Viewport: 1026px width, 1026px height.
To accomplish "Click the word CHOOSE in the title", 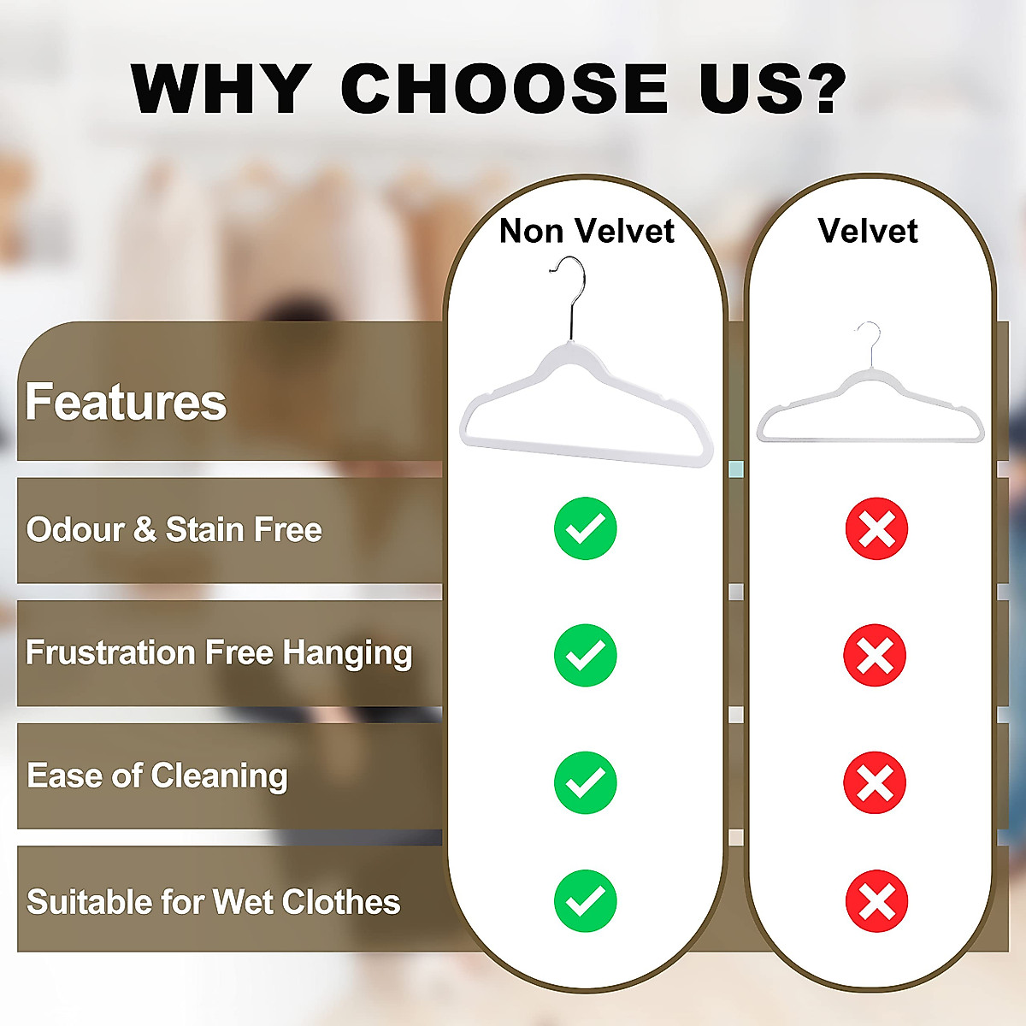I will point(504,88).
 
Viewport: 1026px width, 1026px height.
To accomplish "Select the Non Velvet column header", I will point(587,231).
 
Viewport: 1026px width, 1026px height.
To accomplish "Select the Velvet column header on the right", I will point(867,231).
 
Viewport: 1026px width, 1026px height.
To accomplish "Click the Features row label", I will point(126,402).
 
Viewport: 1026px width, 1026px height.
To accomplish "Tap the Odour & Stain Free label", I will point(174,530).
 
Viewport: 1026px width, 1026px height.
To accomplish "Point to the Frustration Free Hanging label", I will point(219,653).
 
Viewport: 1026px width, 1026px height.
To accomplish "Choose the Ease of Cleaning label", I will point(157,776).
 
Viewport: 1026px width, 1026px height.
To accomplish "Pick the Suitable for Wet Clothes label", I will point(214,902).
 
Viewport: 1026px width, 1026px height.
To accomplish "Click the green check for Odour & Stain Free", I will point(586,528).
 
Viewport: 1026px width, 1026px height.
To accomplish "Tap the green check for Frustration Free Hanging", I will point(586,655).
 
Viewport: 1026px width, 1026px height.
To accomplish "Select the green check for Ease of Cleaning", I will point(586,781).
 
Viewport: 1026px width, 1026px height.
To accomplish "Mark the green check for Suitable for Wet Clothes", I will point(586,900).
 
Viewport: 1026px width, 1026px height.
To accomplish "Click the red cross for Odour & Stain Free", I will point(876,528).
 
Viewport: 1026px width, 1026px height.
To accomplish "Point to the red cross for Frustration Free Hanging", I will point(875,655).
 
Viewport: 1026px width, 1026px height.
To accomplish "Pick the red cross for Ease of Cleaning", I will point(875,781).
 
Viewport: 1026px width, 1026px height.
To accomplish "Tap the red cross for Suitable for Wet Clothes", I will point(876,900).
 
